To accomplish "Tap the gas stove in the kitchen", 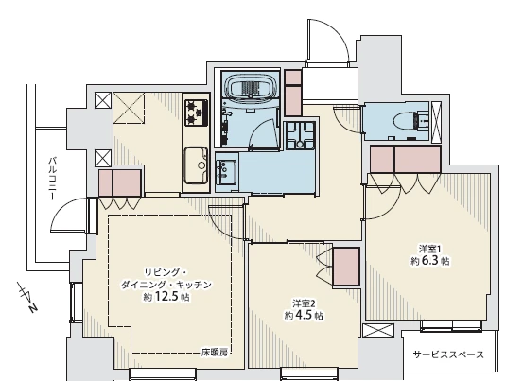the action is click(x=196, y=113).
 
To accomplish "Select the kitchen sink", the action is click(x=196, y=165).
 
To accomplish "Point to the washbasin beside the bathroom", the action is click(x=226, y=168).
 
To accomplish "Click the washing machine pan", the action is click(x=300, y=135).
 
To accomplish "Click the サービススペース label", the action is click(x=449, y=355).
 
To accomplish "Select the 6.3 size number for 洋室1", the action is click(x=429, y=260).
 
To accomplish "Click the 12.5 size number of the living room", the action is click(x=166, y=296).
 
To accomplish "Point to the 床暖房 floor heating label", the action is click(x=215, y=353).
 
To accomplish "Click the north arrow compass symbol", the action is click(x=27, y=296).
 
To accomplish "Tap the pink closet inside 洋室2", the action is click(x=346, y=267).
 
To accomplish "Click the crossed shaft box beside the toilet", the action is click(x=436, y=122).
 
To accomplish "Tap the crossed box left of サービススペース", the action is click(x=378, y=331).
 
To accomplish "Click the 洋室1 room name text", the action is click(x=429, y=249).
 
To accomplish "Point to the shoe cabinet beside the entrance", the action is click(x=293, y=93).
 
